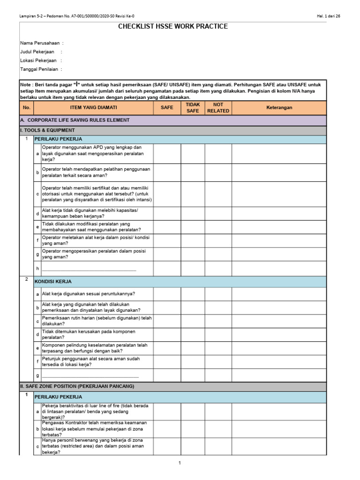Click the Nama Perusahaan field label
pyautogui.click(x=42, y=43)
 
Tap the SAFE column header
pyautogui.click(x=167, y=107)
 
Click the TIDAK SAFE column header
pyautogui.click(x=193, y=107)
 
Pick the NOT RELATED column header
pyautogui.click(x=218, y=107)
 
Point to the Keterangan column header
pyautogui.click(x=279, y=107)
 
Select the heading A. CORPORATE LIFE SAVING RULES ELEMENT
pyautogui.click(x=75, y=120)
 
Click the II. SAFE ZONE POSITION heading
pyautogui.click(x=77, y=386)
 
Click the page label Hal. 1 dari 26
pyautogui.click(x=329, y=16)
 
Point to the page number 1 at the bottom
pyautogui.click(x=179, y=463)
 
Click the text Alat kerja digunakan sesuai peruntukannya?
pyautogui.click(x=89, y=293)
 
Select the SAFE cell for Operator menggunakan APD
pyautogui.click(x=167, y=153)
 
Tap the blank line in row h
pyautogui.click(x=89, y=269)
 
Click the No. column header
pyautogui.click(x=26, y=107)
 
